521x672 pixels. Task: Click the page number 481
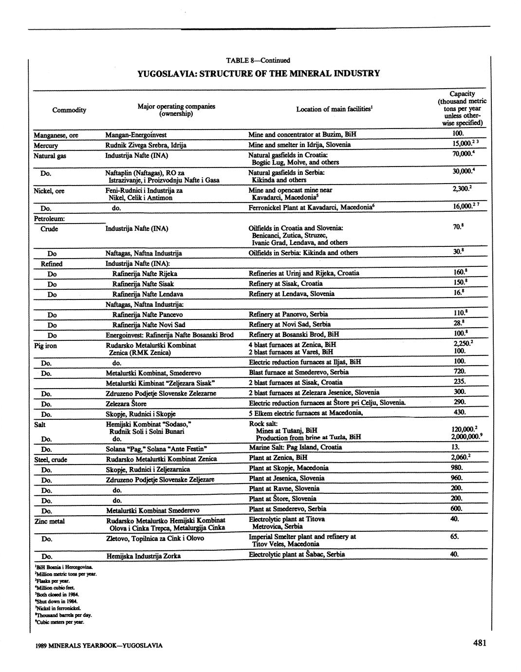coord(479,643)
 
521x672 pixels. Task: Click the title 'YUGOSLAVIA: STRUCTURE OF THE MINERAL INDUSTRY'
coord(258,74)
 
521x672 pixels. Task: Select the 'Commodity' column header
coord(69,110)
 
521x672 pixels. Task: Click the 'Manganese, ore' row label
coord(56,135)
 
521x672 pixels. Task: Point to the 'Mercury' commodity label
coord(46,146)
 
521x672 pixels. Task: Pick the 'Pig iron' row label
coord(45,346)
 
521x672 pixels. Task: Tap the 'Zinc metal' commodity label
coord(49,521)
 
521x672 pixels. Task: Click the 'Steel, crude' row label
coord(51,460)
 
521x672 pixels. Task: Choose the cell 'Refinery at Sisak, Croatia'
coord(285,283)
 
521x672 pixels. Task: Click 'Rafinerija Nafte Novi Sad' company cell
coord(149,325)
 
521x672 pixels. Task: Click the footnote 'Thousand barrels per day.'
coord(63,615)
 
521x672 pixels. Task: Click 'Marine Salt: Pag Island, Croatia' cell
coord(295,447)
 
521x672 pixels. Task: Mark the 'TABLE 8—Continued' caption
coord(258,60)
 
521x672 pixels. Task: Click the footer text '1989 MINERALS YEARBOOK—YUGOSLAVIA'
coord(99,646)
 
